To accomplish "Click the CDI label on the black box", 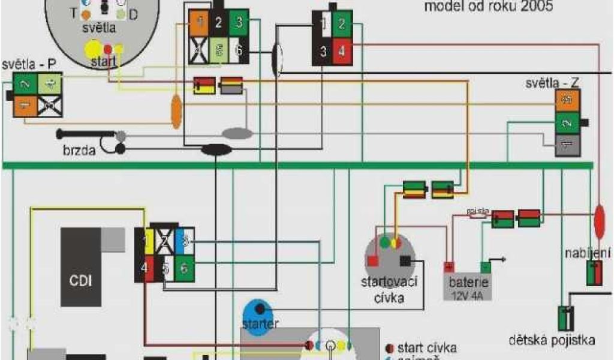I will (x=80, y=280).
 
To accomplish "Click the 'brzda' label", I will (x=79, y=151).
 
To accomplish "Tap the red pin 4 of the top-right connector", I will (x=342, y=52).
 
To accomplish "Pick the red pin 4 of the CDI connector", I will (x=144, y=268).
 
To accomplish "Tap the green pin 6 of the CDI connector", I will (x=184, y=268).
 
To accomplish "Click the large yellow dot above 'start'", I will (x=94, y=49).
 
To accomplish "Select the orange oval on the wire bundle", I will (x=176, y=112).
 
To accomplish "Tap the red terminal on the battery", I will (x=447, y=267).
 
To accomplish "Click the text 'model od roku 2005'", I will (x=488, y=7).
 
